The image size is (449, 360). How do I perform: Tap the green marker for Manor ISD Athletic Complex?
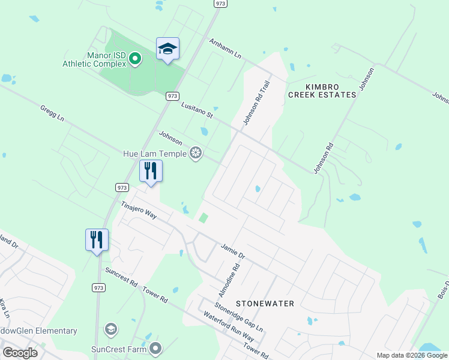[135, 59]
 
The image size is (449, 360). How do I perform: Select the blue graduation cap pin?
[167, 49]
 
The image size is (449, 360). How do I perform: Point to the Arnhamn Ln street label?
[225, 49]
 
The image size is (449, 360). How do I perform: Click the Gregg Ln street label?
[52, 113]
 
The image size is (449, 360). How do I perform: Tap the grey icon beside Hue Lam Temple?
[195, 154]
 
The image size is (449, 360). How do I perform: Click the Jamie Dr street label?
[233, 251]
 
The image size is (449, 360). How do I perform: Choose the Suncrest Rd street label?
[121, 278]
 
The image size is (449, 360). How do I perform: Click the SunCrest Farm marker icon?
[156, 348]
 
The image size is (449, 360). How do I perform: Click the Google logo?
[20, 353]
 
